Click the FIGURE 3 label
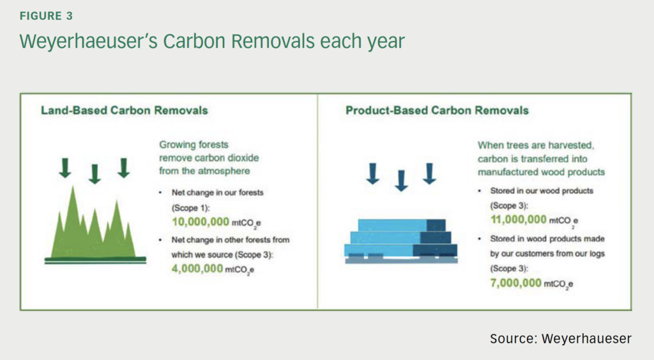click(46, 16)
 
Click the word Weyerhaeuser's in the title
click(88, 41)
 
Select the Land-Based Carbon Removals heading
click(125, 110)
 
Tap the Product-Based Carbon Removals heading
click(437, 110)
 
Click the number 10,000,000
click(200, 221)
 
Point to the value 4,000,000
click(197, 268)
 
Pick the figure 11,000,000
click(519, 220)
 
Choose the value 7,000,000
click(515, 283)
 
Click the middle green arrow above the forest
click(95, 174)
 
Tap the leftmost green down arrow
click(65, 168)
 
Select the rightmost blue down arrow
click(429, 174)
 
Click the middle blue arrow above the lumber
click(401, 181)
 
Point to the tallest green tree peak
click(73, 188)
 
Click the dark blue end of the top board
click(436, 225)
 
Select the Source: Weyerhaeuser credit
click(561, 338)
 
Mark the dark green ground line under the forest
click(96, 260)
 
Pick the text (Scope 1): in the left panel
click(190, 207)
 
